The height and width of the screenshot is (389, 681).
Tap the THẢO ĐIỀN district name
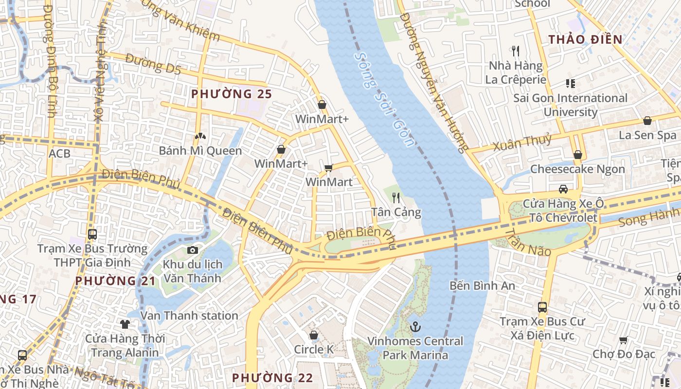[x=586, y=39]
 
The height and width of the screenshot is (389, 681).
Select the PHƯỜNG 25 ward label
[x=231, y=94]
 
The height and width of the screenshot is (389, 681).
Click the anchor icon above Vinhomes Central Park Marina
[x=414, y=327]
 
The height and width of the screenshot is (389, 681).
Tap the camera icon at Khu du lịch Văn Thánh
[x=193, y=250]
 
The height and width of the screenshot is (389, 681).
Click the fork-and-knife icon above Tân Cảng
[x=396, y=197]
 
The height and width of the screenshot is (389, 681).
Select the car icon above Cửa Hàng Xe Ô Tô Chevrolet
[x=563, y=189]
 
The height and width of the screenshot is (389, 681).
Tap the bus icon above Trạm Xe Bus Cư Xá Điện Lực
[x=542, y=307]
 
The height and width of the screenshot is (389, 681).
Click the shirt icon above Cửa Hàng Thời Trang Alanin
[x=125, y=324]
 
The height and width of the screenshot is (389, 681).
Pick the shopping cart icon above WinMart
[x=328, y=168]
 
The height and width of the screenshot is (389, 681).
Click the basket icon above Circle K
[x=314, y=335]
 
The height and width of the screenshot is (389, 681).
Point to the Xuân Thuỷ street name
[x=522, y=142]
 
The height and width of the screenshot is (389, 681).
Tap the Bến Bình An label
[x=482, y=285]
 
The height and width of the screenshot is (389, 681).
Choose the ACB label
[x=59, y=154]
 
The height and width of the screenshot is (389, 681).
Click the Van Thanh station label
[x=189, y=316]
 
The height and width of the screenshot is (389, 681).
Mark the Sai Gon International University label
[x=570, y=105]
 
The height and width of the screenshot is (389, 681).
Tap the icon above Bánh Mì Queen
[x=199, y=136]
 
